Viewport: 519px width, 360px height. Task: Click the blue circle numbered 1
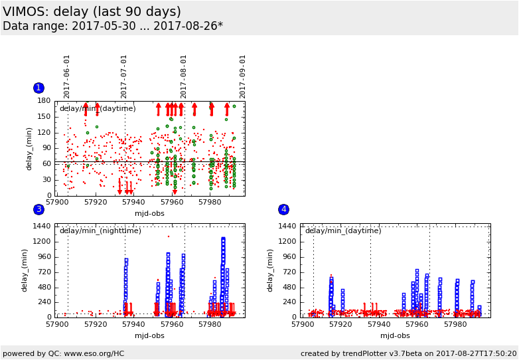tap(38, 88)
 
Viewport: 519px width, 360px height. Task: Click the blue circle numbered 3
tap(38, 209)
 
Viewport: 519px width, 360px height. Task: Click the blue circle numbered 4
tap(283, 209)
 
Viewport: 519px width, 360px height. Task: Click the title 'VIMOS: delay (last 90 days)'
tap(92, 12)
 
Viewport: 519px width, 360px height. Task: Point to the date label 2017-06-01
tap(67, 76)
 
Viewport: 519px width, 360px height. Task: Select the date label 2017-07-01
tap(124, 76)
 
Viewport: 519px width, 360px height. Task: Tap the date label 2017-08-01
tap(184, 76)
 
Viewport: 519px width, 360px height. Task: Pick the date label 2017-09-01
tap(243, 76)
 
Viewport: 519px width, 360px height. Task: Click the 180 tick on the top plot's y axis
tap(44, 101)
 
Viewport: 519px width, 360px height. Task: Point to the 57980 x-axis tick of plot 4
tap(455, 324)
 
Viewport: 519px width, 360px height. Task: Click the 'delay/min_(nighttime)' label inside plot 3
tap(100, 231)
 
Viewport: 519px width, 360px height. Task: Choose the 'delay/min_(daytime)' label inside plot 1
tap(98, 109)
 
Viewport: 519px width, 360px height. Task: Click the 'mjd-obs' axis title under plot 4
tap(395, 335)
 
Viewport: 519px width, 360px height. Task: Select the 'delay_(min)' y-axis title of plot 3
tap(25, 270)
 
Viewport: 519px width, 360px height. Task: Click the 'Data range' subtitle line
tap(113, 27)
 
